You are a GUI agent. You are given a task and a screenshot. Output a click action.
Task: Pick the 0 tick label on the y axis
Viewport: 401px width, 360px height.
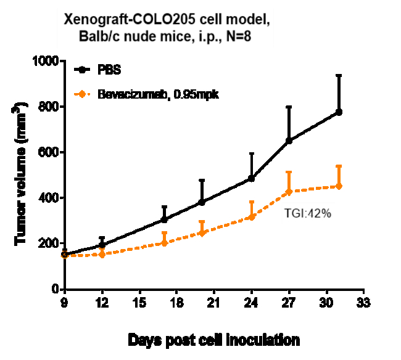pos(54,289)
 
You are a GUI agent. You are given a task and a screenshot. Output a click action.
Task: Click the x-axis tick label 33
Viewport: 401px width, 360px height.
pos(364,304)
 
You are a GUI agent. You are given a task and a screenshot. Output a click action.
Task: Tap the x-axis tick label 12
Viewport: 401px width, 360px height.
pos(102,304)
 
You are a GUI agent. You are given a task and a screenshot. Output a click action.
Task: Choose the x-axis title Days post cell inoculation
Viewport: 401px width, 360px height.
pos(214,340)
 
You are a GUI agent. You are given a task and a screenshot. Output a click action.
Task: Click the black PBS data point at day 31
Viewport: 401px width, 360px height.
pos(339,112)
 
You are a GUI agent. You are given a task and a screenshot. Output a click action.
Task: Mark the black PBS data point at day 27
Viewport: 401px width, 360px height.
pos(289,141)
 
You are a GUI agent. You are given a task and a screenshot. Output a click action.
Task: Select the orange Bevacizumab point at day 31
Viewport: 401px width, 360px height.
pos(339,186)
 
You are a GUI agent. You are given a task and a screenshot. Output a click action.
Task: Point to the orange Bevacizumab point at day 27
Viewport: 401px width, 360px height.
pos(289,192)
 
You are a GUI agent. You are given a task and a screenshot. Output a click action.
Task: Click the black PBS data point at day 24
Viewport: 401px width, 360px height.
pos(251,179)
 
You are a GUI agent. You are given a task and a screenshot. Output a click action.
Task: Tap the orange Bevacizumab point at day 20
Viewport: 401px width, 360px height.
pos(202,233)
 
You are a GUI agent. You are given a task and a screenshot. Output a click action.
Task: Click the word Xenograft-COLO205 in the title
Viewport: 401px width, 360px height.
pos(123,20)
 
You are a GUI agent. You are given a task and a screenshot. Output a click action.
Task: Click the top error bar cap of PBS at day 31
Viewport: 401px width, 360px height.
pos(339,75)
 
